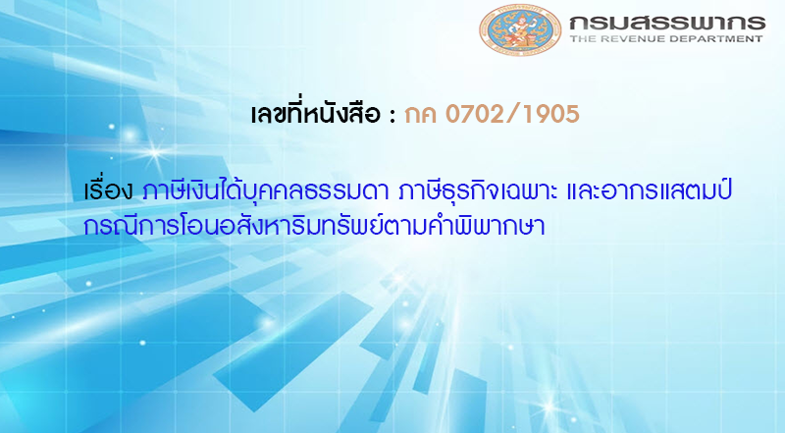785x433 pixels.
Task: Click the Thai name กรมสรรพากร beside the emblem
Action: [659, 21]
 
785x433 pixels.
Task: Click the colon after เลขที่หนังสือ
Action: [392, 116]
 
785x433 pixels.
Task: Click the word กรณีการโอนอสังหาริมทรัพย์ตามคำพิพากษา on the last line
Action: [315, 225]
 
